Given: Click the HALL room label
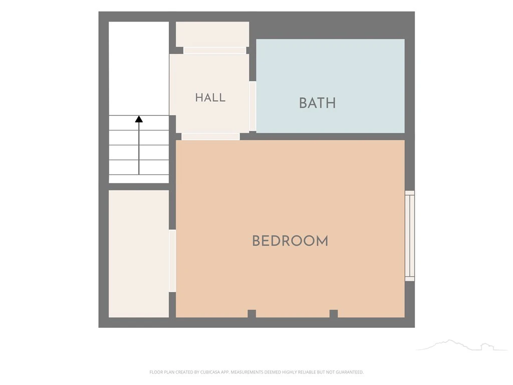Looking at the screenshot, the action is pyautogui.click(x=210, y=98).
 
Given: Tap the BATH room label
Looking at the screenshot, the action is pyautogui.click(x=317, y=103).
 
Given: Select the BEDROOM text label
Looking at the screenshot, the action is pyautogui.click(x=290, y=241).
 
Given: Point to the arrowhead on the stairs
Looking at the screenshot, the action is pyautogui.click(x=139, y=119).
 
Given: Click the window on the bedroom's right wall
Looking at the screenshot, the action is pyautogui.click(x=410, y=236).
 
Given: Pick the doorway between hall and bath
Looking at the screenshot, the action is pyautogui.click(x=252, y=106).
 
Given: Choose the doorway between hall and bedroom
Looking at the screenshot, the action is pyautogui.click(x=210, y=136).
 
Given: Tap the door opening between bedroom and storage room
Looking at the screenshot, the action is pyautogui.click(x=172, y=261).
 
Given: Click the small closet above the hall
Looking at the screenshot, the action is pyautogui.click(x=212, y=35).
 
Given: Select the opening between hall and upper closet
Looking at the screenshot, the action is pyautogui.click(x=214, y=51).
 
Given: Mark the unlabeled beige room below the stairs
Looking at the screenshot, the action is pyautogui.click(x=139, y=254).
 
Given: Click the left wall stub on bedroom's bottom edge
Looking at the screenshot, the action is pyautogui.click(x=251, y=314).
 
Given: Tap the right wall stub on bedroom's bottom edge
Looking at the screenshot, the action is pyautogui.click(x=333, y=314).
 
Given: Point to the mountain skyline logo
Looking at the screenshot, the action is pyautogui.click(x=461, y=345).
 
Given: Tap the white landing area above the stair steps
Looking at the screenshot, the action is pyautogui.click(x=139, y=68).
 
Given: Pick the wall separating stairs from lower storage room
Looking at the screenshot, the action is pyautogui.click(x=139, y=187).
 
